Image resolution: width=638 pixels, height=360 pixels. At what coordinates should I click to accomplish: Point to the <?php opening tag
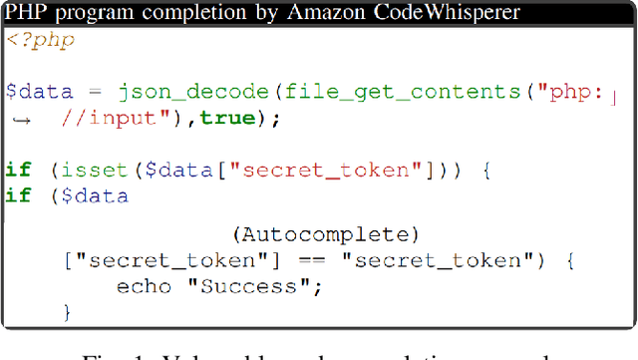[40, 41]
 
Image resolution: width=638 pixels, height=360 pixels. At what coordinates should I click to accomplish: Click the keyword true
[225, 119]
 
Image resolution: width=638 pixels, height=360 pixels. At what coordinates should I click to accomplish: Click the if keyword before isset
[17, 171]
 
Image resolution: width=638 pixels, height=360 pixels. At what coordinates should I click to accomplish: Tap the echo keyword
[137, 287]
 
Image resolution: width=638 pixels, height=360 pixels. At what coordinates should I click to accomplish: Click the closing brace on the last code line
[68, 312]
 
